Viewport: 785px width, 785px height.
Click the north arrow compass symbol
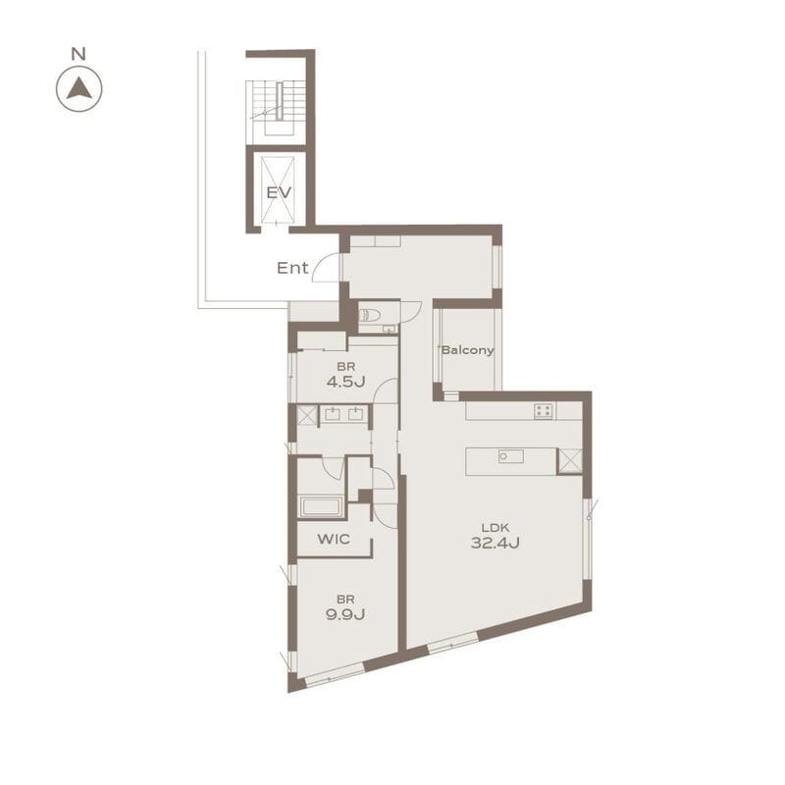[x=79, y=89]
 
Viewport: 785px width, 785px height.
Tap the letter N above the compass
[x=78, y=54]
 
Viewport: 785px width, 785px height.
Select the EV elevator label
[x=279, y=192]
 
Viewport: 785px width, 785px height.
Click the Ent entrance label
[x=292, y=268]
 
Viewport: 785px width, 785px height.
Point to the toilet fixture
[x=370, y=315]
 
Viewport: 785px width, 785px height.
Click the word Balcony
[x=468, y=350]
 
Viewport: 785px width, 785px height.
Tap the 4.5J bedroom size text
[x=345, y=383]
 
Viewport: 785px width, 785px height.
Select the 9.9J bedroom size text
[x=345, y=614]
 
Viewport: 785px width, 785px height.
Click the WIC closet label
[x=334, y=539]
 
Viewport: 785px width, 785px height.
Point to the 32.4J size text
[x=496, y=543]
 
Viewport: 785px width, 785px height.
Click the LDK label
[x=496, y=527]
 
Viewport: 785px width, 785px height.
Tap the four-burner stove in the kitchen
[x=544, y=411]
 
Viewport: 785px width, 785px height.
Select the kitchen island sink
[x=510, y=456]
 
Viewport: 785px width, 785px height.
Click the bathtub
[x=321, y=506]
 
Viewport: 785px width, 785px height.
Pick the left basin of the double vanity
[x=333, y=414]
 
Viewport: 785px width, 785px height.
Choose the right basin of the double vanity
[x=355, y=414]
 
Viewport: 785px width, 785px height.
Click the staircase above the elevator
[x=277, y=109]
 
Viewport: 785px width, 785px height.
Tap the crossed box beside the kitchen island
[x=570, y=461]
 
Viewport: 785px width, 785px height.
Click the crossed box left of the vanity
[x=307, y=416]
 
